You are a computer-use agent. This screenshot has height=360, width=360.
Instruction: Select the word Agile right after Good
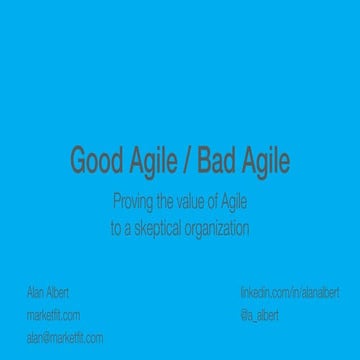pyautogui.click(x=153, y=161)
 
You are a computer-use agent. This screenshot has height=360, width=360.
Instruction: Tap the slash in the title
pyautogui.click(x=187, y=161)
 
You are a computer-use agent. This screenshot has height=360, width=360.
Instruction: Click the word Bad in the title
pyautogui.click(x=216, y=161)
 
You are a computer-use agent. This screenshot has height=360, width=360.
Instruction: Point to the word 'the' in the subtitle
pyautogui.click(x=163, y=204)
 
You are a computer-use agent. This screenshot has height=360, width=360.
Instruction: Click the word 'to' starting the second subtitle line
pyautogui.click(x=115, y=228)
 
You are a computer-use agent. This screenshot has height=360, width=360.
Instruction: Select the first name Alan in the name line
pyautogui.click(x=35, y=293)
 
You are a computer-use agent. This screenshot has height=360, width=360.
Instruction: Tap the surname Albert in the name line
pyautogui.click(x=58, y=293)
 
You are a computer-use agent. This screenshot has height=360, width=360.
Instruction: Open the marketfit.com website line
pyautogui.click(x=53, y=315)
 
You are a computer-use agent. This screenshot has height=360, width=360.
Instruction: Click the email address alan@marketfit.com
pyautogui.click(x=64, y=338)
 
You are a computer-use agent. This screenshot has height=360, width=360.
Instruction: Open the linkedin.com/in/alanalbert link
pyautogui.click(x=289, y=293)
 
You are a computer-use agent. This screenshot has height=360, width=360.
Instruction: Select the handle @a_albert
pyautogui.click(x=260, y=315)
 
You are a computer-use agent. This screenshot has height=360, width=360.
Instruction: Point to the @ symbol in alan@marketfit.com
pyautogui.click(x=46, y=338)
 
